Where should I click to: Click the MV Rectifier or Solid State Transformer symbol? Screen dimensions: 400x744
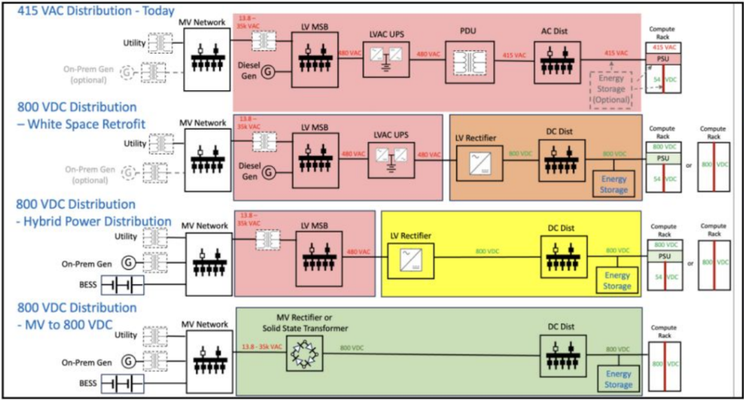coord(304,355)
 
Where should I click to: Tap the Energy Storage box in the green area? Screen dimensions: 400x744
coord(619,379)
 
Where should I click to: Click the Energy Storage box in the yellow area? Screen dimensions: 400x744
coord(617,280)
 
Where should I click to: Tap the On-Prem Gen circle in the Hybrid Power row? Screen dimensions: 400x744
coord(127,262)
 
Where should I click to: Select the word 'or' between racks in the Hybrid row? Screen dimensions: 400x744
coord(688,261)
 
